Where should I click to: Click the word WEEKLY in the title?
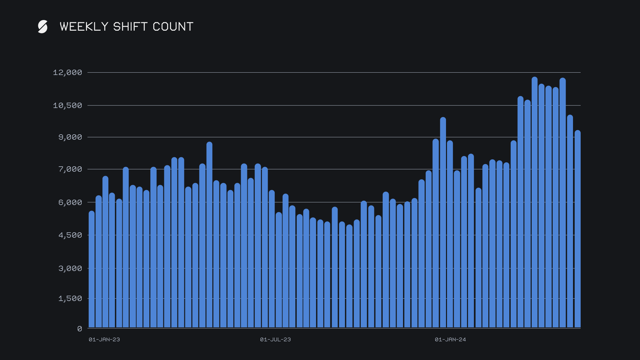[84, 27]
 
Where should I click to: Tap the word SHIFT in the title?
[130, 27]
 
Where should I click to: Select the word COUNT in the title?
[173, 27]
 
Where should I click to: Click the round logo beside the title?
[43, 27]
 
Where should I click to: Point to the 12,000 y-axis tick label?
[67, 73]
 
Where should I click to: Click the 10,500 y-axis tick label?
[67, 106]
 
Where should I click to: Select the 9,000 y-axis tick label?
[70, 137]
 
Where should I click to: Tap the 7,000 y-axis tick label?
[70, 169]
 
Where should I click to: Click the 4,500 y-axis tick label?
[70, 235]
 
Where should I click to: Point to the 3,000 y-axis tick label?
[70, 269]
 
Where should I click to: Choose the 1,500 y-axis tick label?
[70, 299]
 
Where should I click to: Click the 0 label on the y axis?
[80, 329]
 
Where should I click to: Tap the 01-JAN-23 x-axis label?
[104, 340]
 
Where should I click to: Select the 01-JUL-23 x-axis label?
[275, 340]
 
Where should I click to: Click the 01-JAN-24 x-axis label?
[450, 340]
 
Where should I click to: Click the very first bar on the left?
[92, 270]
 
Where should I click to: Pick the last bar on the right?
[578, 230]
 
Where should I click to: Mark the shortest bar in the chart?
[349, 277]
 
